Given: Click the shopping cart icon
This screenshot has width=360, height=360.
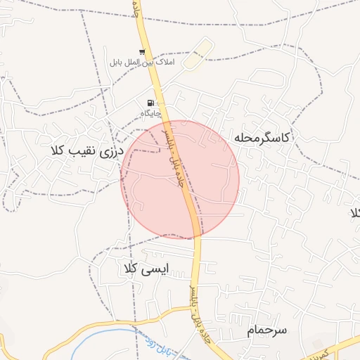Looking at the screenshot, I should click(x=143, y=52).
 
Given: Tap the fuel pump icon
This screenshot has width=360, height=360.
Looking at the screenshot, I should click(x=150, y=103).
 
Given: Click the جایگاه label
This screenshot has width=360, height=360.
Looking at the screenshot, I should click(x=150, y=113).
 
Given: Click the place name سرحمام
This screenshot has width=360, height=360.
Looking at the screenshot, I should click(x=268, y=330).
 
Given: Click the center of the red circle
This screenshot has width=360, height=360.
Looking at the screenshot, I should click(x=180, y=179).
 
